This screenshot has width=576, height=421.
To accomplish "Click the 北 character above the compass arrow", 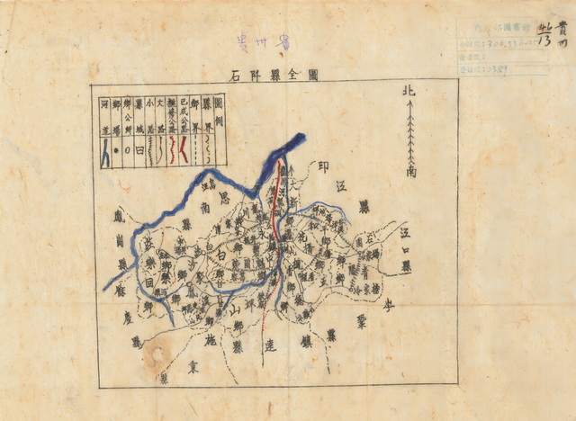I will (x=409, y=91).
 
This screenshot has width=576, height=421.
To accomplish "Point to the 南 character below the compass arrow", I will (x=410, y=170).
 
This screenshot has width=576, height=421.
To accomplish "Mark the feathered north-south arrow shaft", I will (x=409, y=130).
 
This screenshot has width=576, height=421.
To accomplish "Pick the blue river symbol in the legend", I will (x=105, y=155).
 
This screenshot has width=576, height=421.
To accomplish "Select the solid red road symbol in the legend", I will (x=184, y=153).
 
